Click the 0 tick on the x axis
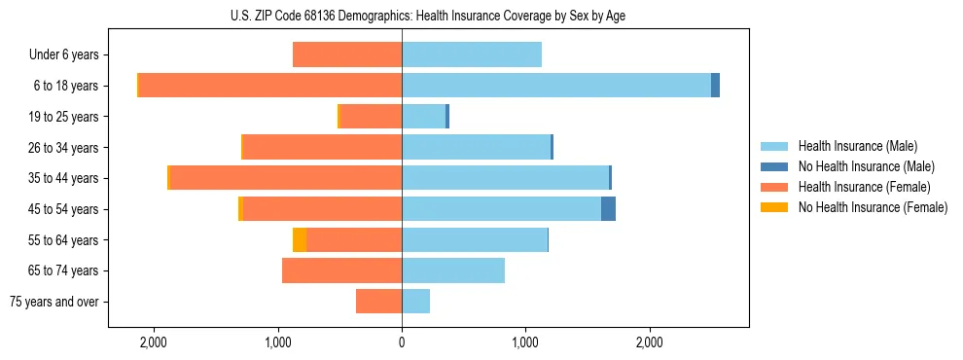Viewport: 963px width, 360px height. click(x=402, y=342)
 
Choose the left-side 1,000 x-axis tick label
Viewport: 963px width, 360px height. click(x=278, y=342)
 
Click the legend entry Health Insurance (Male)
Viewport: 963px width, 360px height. click(x=857, y=146)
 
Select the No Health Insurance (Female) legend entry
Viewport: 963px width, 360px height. click(x=873, y=207)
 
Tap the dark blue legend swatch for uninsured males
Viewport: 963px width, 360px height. click(x=774, y=166)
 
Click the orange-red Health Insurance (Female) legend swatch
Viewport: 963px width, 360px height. click(x=774, y=187)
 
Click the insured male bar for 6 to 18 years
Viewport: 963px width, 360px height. click(x=556, y=86)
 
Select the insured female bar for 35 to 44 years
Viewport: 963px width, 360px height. click(x=286, y=178)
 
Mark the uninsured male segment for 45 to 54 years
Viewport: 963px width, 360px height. click(x=608, y=209)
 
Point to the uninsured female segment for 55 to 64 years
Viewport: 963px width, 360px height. click(x=300, y=239)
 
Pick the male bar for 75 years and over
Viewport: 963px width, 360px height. click(x=415, y=302)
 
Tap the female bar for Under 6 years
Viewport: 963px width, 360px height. click(x=347, y=55)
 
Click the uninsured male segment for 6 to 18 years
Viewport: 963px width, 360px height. click(x=715, y=86)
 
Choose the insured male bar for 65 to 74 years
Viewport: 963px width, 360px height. click(x=453, y=270)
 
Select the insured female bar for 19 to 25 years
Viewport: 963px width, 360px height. click(x=371, y=117)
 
